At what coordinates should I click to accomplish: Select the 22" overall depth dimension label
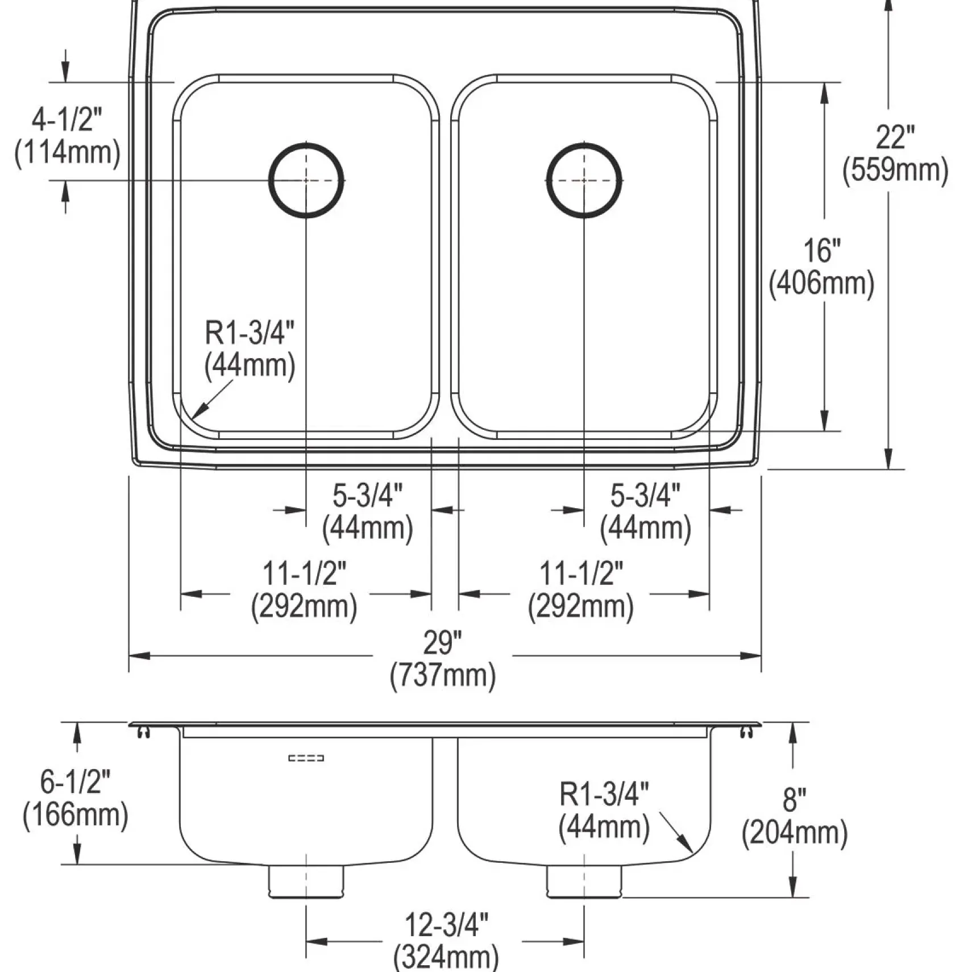point(895,137)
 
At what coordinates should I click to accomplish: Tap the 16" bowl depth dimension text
point(822,250)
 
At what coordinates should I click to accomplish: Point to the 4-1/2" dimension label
point(67,120)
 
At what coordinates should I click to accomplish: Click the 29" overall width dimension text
point(442,642)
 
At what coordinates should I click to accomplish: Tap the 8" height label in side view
point(794,800)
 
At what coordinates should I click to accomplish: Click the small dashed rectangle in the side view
point(306,758)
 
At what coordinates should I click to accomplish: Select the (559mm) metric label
point(895,170)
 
